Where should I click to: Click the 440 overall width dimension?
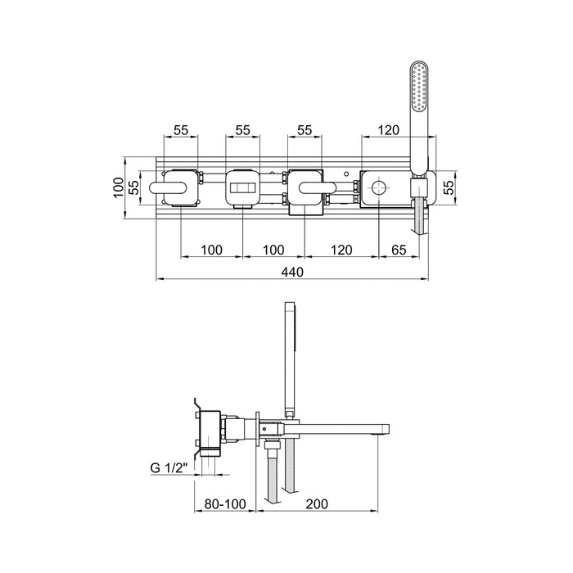point(292,273)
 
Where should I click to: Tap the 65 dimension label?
point(399,250)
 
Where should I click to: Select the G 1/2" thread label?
point(169,467)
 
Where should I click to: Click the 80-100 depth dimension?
point(225,504)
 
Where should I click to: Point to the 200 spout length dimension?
point(317,504)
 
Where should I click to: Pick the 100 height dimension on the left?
point(119,187)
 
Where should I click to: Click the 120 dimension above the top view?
point(388,130)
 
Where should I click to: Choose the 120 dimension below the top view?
point(341,250)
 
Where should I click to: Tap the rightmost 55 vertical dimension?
point(450,187)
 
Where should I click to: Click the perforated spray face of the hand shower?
point(419,87)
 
